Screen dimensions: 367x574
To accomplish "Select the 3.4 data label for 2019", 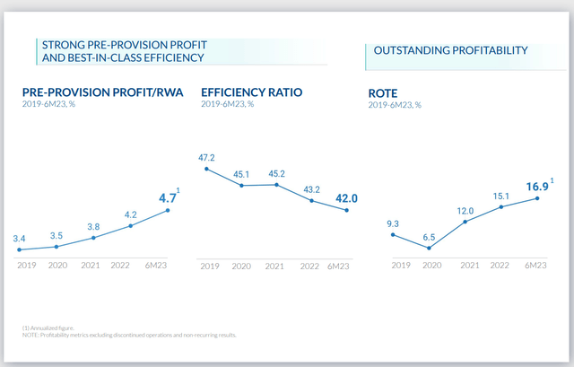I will click(20, 238).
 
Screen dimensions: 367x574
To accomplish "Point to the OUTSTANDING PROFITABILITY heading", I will click(450, 50).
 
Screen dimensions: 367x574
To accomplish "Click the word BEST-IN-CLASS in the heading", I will click(92, 57).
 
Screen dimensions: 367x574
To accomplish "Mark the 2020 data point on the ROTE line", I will click(429, 249).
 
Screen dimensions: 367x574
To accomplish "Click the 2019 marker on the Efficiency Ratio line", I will click(206, 169).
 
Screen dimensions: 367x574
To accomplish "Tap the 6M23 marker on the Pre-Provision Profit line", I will click(167, 210).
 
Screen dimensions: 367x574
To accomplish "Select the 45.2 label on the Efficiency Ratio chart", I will click(276, 173).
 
